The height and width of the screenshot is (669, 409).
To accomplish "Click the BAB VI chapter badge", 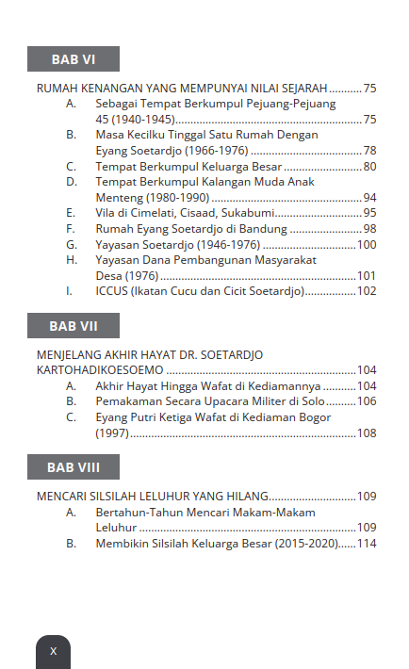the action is point(74,58).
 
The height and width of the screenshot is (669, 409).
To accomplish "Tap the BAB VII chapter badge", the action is point(74,326).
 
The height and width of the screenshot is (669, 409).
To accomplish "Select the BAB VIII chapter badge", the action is point(74,467).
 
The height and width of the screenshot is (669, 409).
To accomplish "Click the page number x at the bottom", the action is point(53,651).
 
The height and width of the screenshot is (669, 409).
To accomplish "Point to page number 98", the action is point(369,229).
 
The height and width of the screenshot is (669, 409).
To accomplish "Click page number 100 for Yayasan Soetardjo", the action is point(367,245).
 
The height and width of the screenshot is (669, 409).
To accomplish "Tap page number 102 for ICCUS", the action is point(367,291).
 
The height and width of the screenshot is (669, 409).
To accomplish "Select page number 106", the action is point(367,401).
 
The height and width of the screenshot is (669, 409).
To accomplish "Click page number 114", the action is point(367,544).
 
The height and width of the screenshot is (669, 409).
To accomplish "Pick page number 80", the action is point(369,167).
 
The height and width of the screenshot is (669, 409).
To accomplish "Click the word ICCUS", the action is point(112,291).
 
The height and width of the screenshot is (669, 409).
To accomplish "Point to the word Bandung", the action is point(265,229).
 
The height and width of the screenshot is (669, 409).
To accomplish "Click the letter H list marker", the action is point(71,260).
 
